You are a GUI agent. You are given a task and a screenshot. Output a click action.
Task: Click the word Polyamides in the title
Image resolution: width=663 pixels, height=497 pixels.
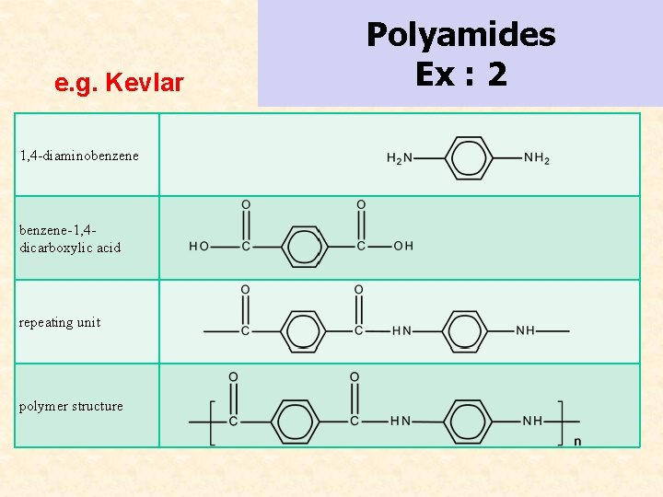(x=460, y=35)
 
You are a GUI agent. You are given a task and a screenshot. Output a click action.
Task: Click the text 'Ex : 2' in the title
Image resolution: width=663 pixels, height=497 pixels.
(x=460, y=74)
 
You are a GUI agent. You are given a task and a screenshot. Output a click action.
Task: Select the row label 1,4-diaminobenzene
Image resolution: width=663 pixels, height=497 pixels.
(x=79, y=156)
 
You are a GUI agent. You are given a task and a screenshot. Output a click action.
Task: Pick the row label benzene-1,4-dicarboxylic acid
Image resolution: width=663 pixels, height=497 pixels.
(x=70, y=238)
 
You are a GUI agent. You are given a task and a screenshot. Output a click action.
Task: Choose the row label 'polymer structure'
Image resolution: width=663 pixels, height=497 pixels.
(x=71, y=406)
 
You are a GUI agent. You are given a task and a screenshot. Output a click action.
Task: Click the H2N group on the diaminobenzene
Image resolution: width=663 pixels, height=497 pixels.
(x=399, y=158)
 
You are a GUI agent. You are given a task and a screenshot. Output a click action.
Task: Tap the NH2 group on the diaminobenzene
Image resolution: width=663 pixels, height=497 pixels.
(x=537, y=158)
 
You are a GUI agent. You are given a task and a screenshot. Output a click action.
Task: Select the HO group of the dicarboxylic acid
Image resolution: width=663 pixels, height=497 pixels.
(x=199, y=246)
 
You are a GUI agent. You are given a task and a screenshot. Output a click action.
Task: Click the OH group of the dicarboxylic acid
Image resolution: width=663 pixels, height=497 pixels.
(x=403, y=246)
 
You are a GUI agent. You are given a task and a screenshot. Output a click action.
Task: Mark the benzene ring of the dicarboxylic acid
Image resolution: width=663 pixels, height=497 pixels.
(x=302, y=246)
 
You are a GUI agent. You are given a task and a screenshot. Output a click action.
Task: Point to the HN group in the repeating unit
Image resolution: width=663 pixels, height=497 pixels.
(x=401, y=330)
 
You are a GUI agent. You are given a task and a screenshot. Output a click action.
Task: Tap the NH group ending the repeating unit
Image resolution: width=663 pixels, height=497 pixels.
(x=525, y=330)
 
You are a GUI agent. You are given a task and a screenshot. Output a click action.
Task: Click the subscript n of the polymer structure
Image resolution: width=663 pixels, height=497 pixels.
(x=577, y=442)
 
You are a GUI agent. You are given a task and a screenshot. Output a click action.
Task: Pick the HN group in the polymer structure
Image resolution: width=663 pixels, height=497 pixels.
(x=401, y=421)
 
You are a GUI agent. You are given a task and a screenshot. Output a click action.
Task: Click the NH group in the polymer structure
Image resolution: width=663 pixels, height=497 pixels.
(x=532, y=421)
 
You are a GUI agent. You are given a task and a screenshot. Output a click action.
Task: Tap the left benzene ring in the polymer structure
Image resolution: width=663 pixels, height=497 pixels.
(x=294, y=421)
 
